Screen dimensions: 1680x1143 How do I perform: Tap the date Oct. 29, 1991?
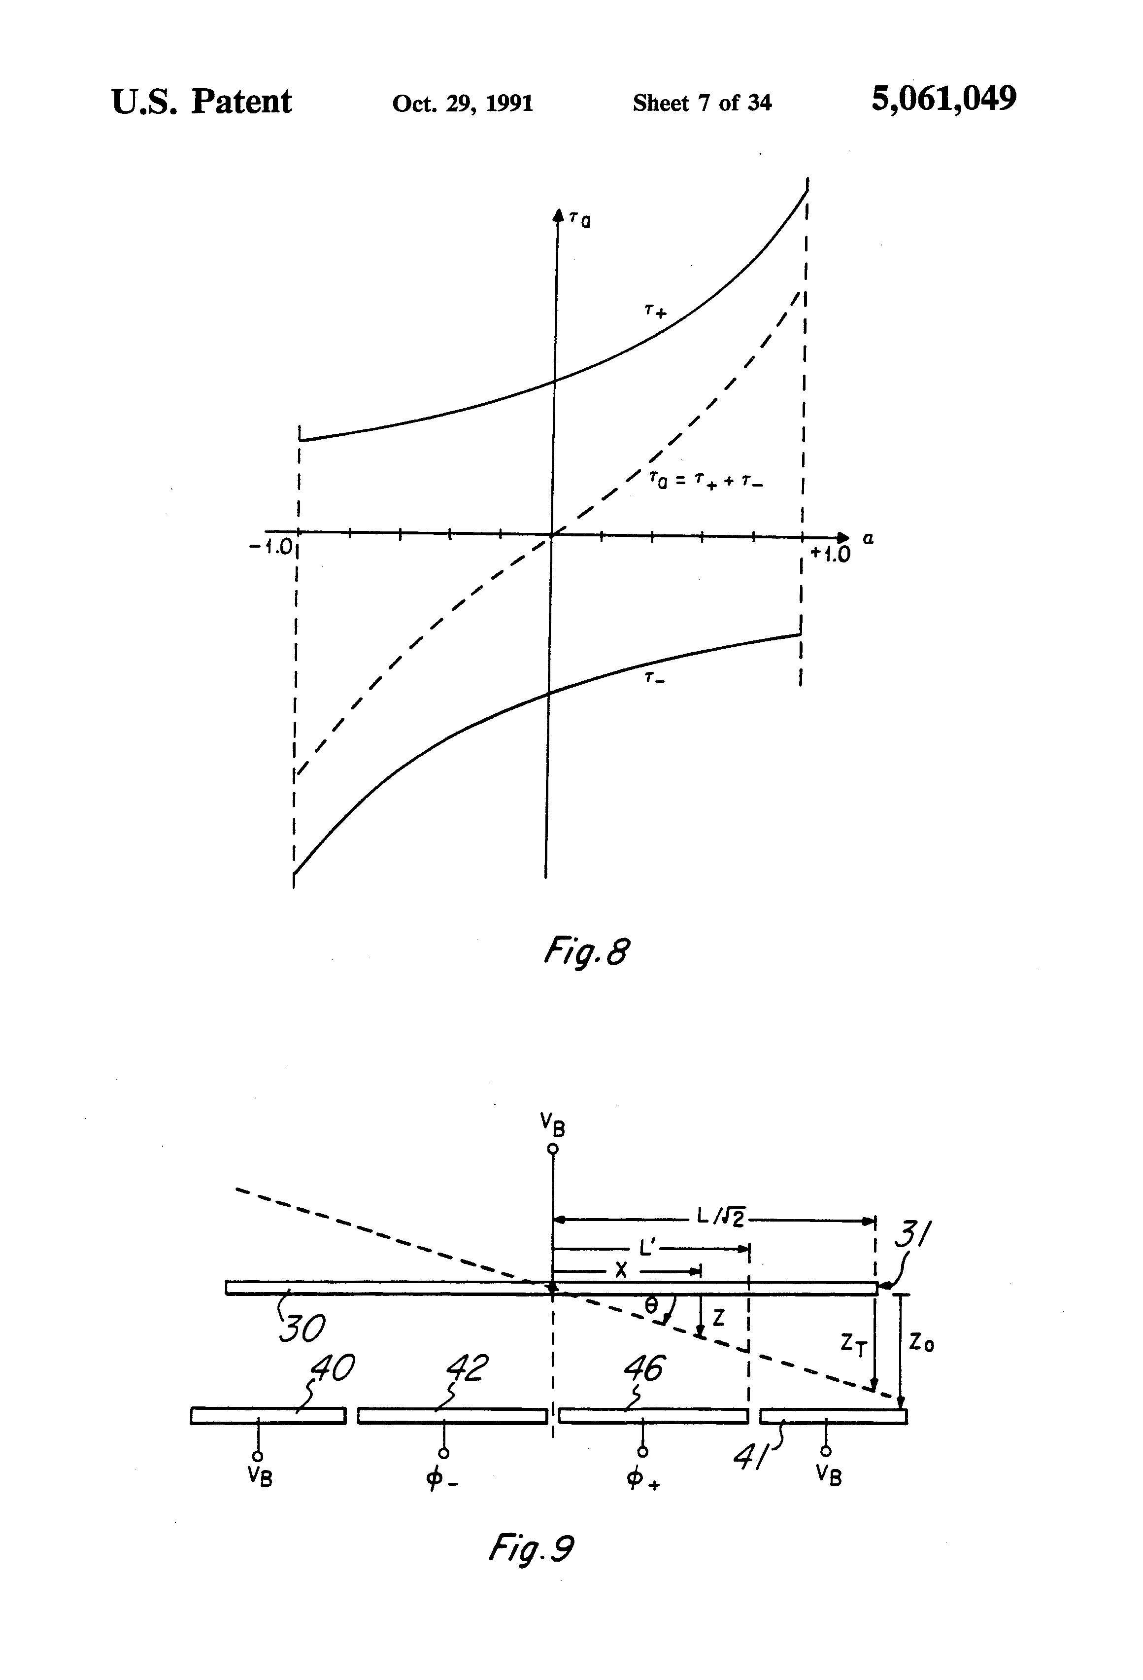(x=463, y=104)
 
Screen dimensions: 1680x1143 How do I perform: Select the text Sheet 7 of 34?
(x=702, y=104)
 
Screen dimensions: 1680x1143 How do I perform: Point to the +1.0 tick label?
(x=830, y=555)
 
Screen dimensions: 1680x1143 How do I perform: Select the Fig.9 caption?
(x=531, y=1550)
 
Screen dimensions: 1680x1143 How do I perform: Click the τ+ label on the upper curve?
(x=655, y=312)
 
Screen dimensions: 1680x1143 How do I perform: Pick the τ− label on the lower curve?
(x=654, y=678)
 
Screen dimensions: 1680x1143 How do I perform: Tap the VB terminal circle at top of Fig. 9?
(x=553, y=1149)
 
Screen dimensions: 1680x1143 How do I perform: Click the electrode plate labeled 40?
(x=268, y=1415)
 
